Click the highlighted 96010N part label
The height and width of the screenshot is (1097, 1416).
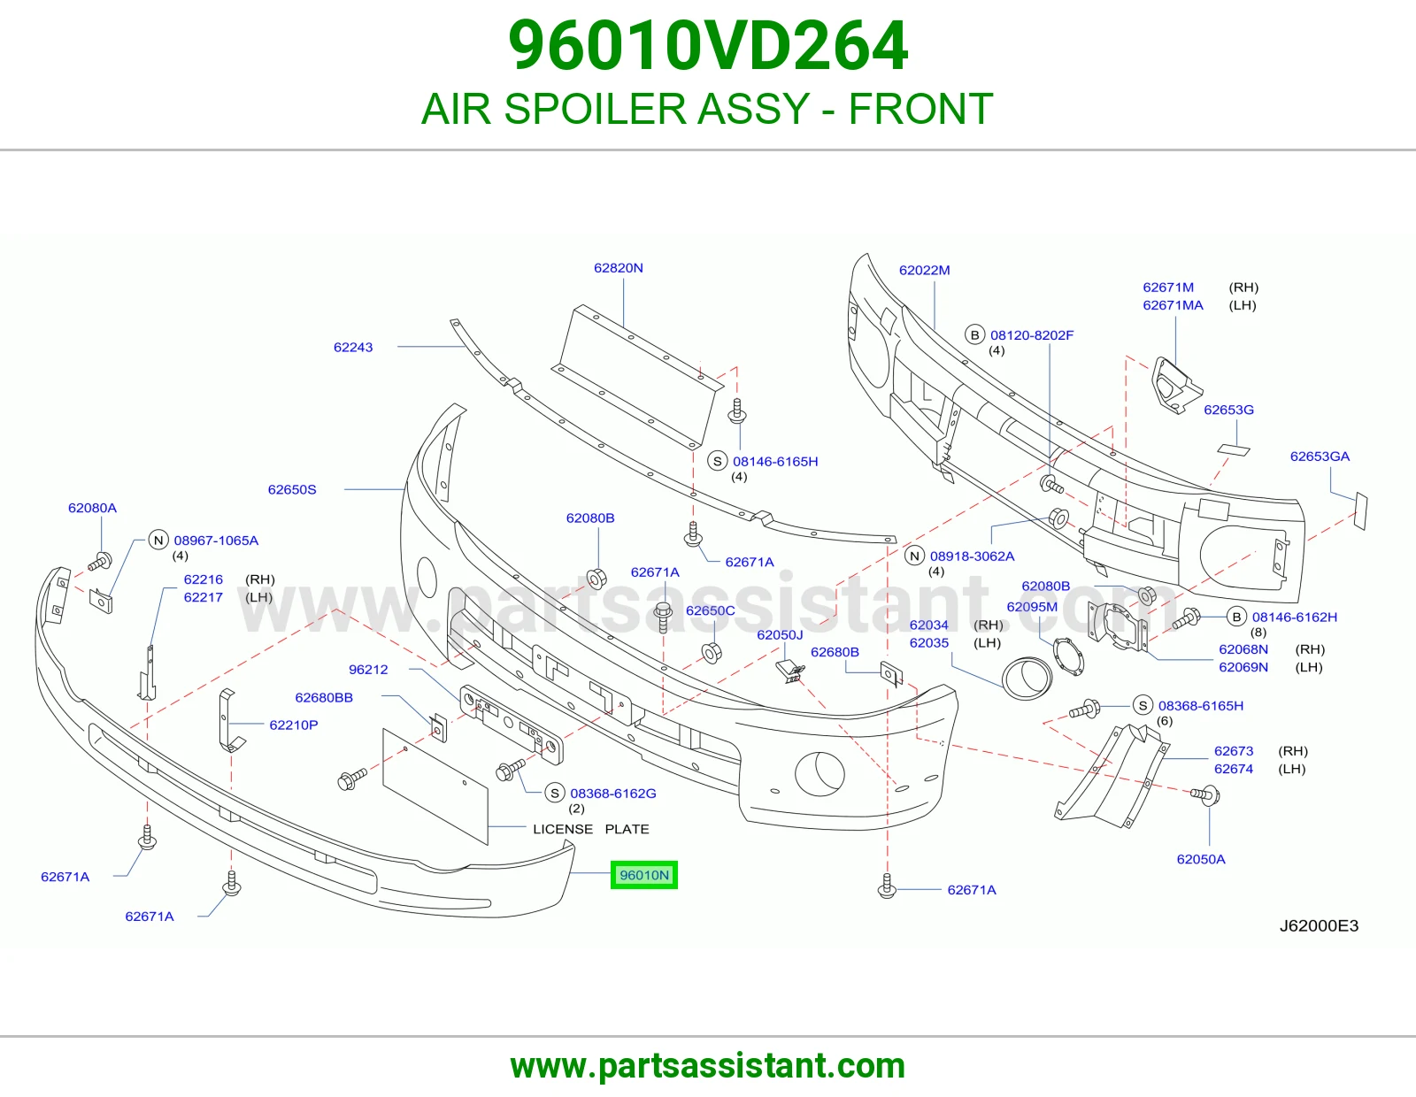point(643,875)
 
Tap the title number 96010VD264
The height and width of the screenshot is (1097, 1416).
point(708,46)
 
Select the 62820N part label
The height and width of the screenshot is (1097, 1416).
point(619,268)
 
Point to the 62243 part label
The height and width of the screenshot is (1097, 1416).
point(353,347)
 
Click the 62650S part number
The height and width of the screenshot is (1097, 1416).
point(292,489)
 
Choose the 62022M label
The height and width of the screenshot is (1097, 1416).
point(925,270)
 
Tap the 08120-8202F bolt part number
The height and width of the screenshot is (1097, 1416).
point(1032,334)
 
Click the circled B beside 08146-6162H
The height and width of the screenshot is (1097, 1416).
point(1236,617)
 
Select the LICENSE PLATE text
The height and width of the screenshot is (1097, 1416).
point(591,829)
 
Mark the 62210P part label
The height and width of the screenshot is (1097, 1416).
point(294,725)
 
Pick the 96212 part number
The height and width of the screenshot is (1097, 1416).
point(368,670)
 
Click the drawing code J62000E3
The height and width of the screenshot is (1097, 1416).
point(1320,925)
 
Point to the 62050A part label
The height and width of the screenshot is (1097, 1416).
point(1201,859)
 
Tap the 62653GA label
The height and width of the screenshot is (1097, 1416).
point(1320,456)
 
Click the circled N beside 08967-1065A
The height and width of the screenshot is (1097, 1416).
point(158,540)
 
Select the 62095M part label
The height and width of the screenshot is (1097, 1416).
point(1032,607)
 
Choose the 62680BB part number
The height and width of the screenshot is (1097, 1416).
point(324,698)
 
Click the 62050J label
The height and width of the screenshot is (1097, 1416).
point(780,635)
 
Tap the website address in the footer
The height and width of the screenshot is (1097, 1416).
point(708,1066)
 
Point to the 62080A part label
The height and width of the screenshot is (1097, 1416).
point(93,508)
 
